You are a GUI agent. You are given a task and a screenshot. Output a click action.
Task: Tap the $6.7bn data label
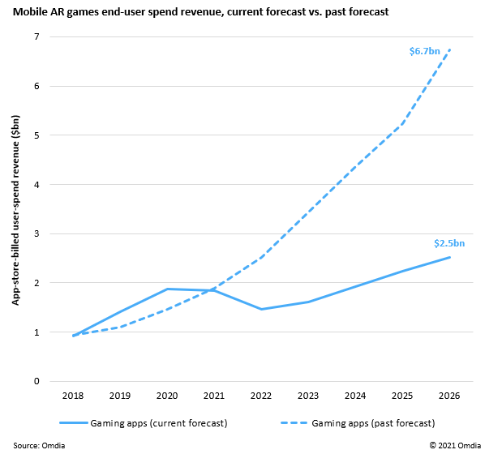(x=424, y=51)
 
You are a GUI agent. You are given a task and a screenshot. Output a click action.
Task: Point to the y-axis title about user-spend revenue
(x=15, y=210)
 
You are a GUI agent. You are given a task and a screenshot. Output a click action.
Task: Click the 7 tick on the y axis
(x=36, y=37)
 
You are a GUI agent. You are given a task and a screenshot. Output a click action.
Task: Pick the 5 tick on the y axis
(x=36, y=135)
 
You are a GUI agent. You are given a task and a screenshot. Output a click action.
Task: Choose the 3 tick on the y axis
(x=36, y=233)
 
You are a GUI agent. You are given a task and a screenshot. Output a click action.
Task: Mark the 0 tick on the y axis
(x=36, y=381)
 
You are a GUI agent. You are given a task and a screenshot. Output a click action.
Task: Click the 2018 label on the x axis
(x=74, y=397)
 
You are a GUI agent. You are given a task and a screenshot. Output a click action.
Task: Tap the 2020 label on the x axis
(x=168, y=397)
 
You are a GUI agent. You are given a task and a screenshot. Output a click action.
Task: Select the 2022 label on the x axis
(x=262, y=397)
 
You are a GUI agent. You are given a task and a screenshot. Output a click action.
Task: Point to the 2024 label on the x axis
(x=356, y=397)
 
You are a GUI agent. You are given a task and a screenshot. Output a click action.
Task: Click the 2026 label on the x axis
(x=450, y=397)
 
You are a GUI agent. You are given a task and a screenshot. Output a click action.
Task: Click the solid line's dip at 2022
(x=262, y=309)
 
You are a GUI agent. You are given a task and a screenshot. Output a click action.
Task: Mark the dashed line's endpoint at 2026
(x=450, y=50)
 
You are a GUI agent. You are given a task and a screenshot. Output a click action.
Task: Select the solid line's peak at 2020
(x=168, y=289)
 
